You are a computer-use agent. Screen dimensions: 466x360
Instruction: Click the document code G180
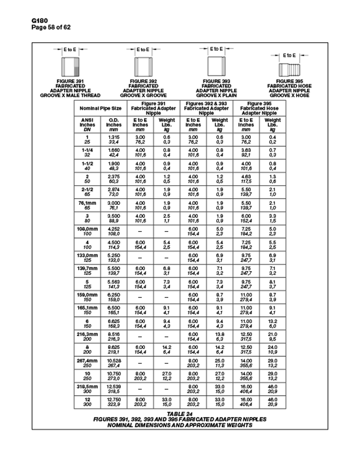[x=25, y=21]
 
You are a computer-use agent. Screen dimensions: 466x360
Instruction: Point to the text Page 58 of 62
[x=35, y=27]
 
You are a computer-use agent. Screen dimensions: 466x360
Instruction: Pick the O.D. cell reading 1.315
[x=114, y=137]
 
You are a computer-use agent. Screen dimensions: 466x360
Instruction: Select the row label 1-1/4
[x=87, y=151]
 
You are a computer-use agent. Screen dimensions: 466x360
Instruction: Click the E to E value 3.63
[x=246, y=151]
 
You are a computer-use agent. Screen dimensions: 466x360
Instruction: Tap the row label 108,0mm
[x=87, y=229]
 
